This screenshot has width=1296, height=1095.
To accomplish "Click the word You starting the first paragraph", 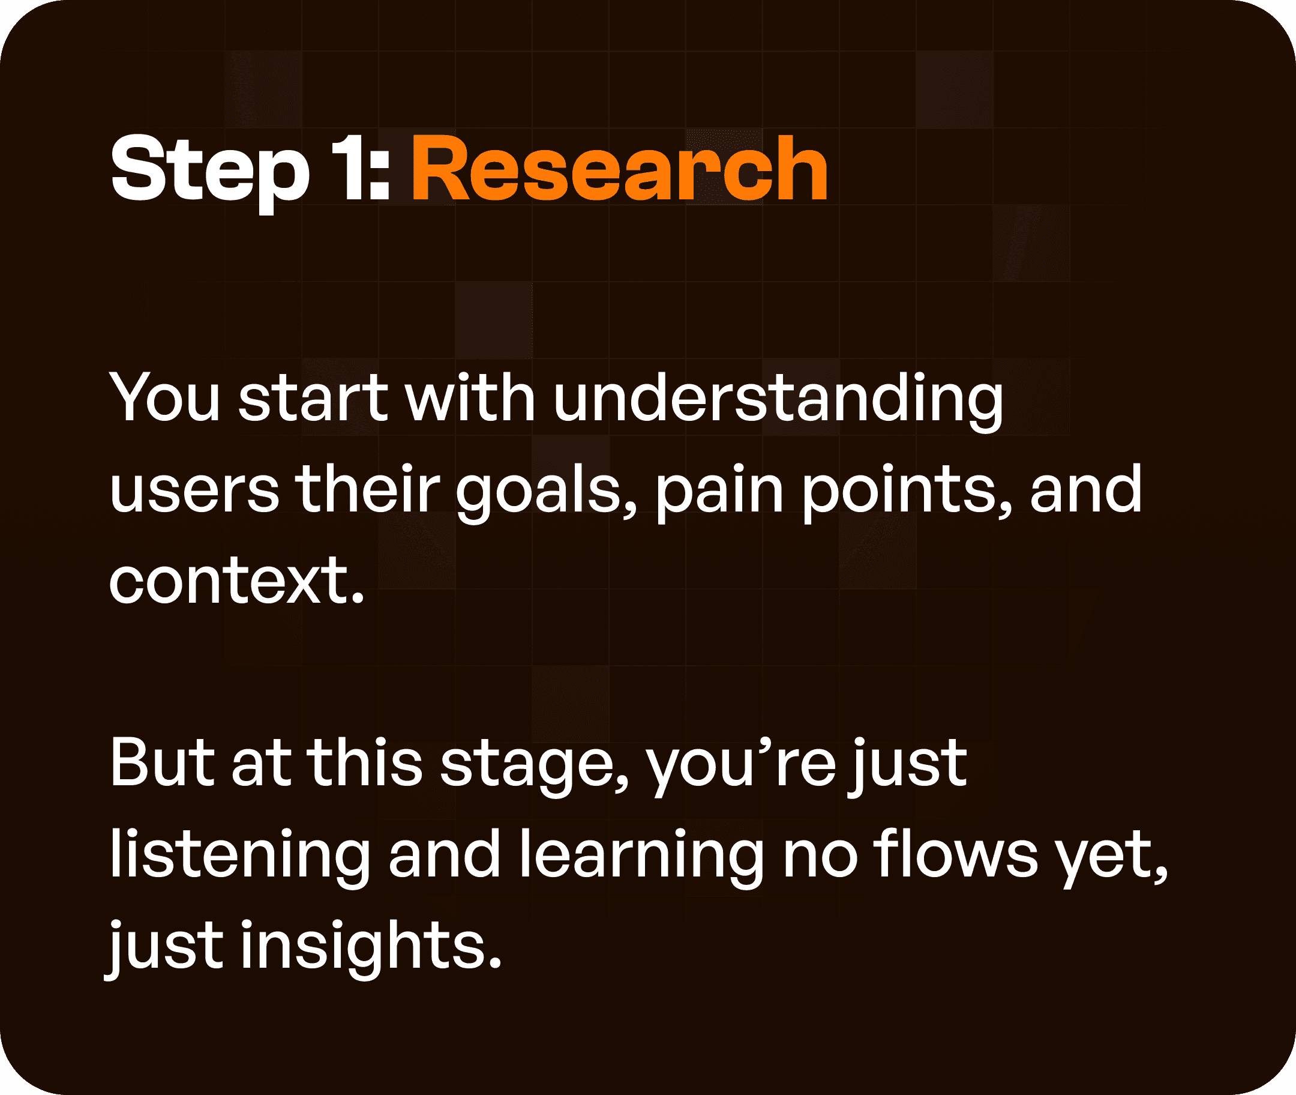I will [x=164, y=398].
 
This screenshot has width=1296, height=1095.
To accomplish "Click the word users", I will [x=194, y=490].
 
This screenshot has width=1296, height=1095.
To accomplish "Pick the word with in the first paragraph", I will [x=470, y=398].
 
